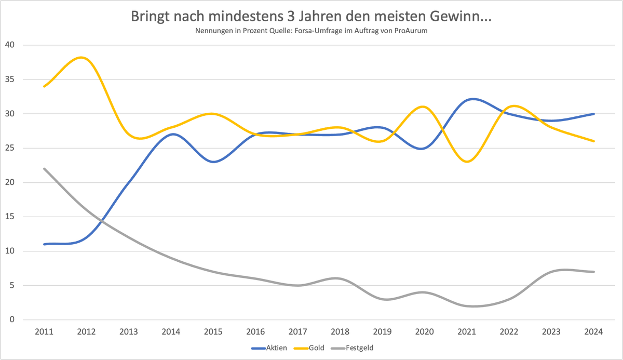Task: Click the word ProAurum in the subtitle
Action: [x=411, y=31]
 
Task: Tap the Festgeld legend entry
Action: [x=359, y=348]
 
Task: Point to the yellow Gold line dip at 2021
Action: [x=468, y=162]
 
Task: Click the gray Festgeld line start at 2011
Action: [x=44, y=168]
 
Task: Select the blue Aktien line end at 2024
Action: [x=594, y=114]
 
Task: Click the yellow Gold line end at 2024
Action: [x=594, y=141]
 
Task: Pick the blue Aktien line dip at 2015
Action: [x=213, y=162]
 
